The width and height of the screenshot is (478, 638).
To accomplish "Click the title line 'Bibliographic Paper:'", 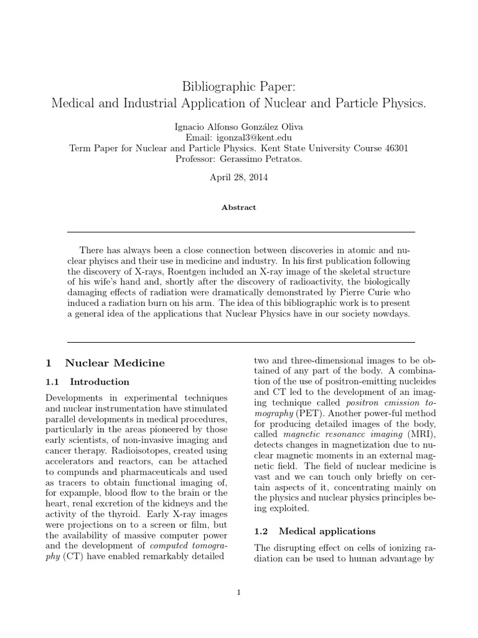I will click(x=238, y=85).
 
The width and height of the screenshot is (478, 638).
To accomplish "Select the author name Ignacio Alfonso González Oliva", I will click(x=238, y=127).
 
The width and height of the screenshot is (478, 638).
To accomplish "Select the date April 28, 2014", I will click(x=238, y=177).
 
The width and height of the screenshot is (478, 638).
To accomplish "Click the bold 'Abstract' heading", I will click(x=238, y=207).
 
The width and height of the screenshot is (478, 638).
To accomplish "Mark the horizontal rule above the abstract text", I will click(x=240, y=232).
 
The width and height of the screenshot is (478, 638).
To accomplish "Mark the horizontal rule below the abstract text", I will click(x=240, y=342).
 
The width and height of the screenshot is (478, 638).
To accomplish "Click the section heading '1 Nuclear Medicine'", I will click(x=105, y=363).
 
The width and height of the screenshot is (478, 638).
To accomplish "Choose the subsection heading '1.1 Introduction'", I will click(x=88, y=382).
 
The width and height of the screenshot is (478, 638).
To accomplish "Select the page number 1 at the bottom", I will click(x=238, y=592).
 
